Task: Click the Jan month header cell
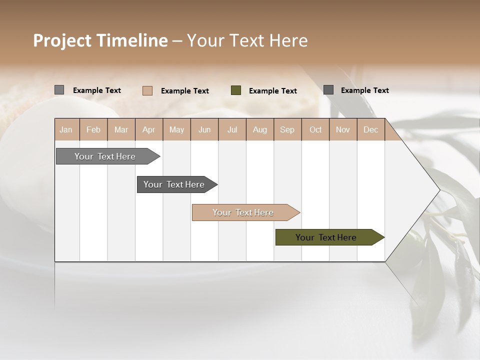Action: (66, 130)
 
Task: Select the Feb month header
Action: (93, 130)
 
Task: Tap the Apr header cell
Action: (149, 130)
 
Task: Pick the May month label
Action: (176, 130)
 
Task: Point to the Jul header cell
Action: (232, 130)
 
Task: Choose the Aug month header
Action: (260, 130)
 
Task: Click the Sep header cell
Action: (287, 130)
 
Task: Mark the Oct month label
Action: (315, 130)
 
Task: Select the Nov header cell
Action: (343, 130)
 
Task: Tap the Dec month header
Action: (371, 130)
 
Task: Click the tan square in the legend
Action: (147, 90)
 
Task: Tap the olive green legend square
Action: (236, 90)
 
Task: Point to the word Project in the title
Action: (61, 40)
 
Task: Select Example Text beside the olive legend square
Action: (273, 91)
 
